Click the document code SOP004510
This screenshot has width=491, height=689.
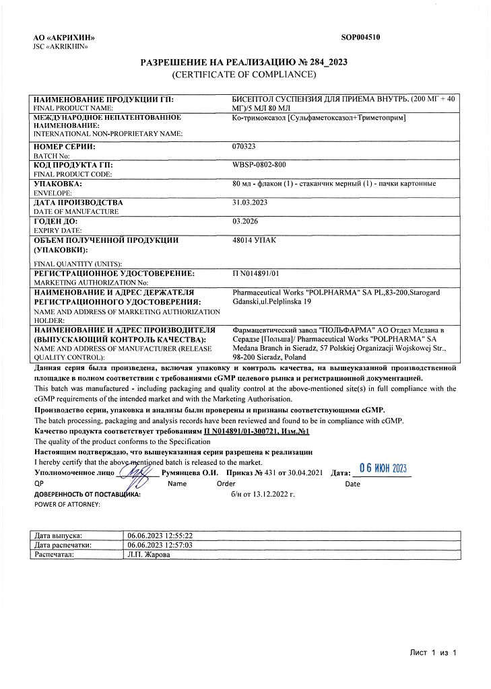tap(360, 38)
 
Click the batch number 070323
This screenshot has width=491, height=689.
tap(244, 146)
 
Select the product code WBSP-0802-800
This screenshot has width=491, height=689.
tap(259, 165)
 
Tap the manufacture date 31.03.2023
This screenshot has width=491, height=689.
tap(251, 203)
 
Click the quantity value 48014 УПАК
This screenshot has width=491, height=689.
tap(254, 240)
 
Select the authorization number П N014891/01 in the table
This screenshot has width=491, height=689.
tap(255, 274)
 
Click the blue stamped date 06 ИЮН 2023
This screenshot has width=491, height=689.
tap(382, 468)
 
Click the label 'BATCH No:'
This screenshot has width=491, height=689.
tap(50, 155)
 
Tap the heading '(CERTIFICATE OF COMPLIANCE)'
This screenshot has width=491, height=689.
tap(244, 73)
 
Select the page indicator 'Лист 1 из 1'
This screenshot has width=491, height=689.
tap(434, 653)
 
